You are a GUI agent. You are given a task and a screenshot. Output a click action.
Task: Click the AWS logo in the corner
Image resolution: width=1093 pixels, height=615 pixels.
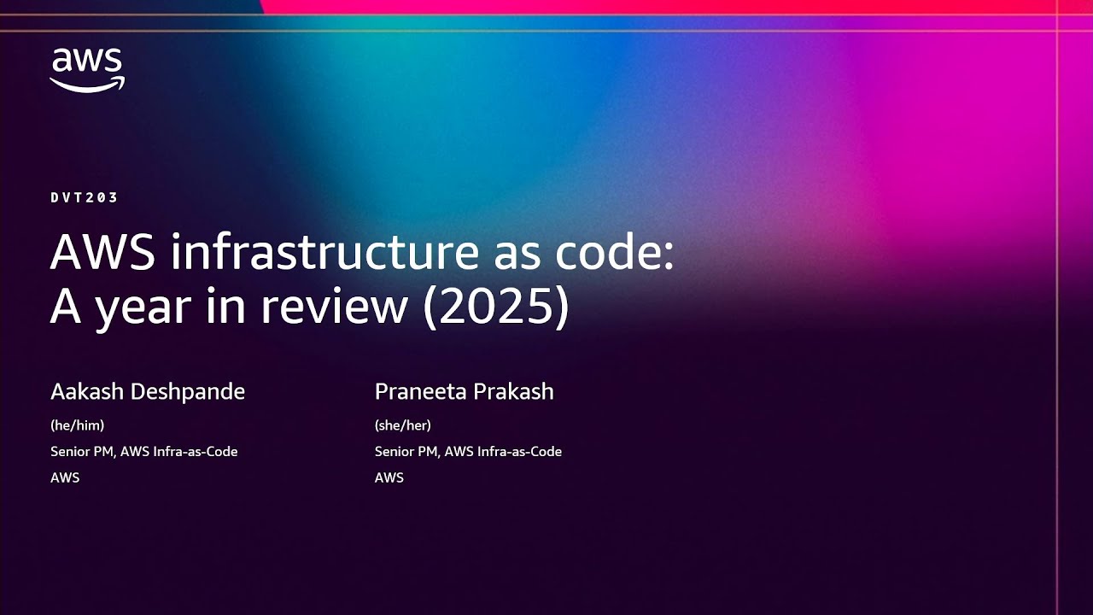[87, 69]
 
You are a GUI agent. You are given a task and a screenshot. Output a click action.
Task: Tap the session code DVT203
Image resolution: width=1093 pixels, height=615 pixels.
[84, 197]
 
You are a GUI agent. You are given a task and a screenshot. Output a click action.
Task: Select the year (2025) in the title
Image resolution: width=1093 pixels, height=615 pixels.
[495, 307]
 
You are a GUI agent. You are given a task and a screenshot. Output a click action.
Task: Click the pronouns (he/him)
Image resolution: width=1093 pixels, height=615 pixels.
[77, 425]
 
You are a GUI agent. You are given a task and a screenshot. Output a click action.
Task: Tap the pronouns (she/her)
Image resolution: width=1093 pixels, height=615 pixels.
[402, 425]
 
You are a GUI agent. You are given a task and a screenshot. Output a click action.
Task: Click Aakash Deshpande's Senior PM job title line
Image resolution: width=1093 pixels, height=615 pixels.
[143, 452]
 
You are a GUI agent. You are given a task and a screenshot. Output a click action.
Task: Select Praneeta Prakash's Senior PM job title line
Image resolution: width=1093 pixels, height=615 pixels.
[468, 452]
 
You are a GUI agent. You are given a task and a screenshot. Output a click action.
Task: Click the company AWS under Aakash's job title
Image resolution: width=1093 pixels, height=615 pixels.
[65, 477]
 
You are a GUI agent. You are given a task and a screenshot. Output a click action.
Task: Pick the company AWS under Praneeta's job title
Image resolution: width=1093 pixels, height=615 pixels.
[389, 477]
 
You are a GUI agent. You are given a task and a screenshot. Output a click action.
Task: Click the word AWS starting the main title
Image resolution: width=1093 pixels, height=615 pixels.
[102, 254]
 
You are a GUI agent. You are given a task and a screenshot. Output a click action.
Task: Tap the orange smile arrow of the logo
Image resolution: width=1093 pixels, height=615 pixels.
[87, 83]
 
